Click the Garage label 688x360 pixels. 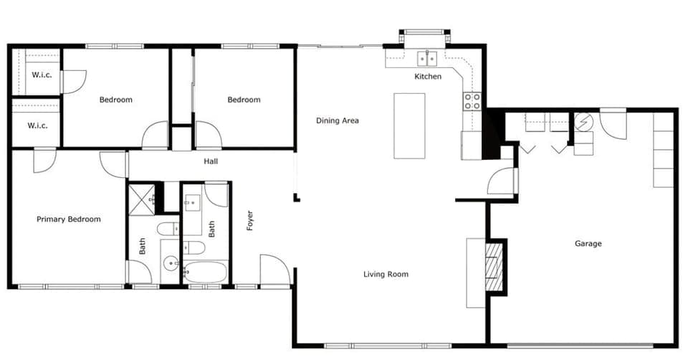click(588, 244)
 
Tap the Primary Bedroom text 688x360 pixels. click(69, 219)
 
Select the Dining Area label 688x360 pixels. click(337, 120)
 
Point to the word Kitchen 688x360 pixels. click(428, 76)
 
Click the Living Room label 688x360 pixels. click(386, 274)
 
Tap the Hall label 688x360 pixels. click(211, 161)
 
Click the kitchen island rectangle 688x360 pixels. click(409, 125)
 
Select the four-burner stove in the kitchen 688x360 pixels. click(472, 101)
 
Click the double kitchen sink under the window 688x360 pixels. click(428, 58)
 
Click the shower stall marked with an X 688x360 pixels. click(141, 199)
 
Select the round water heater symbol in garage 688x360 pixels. click(584, 121)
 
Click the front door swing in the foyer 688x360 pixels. click(274, 271)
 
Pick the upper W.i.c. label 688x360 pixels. click(40, 75)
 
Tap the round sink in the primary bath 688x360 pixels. click(171, 263)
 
